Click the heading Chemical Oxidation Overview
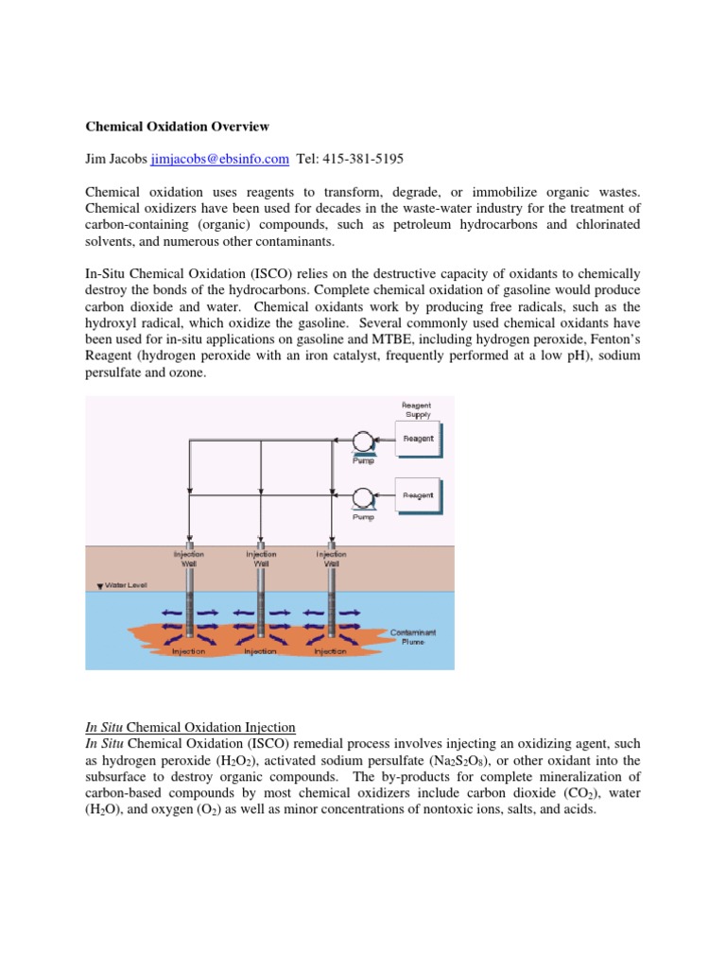(178, 125)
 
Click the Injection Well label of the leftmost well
(189, 558)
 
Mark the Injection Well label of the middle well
(261, 558)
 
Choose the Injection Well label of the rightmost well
(331, 558)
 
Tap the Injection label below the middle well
(260, 651)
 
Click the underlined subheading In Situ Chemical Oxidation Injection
(190, 727)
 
